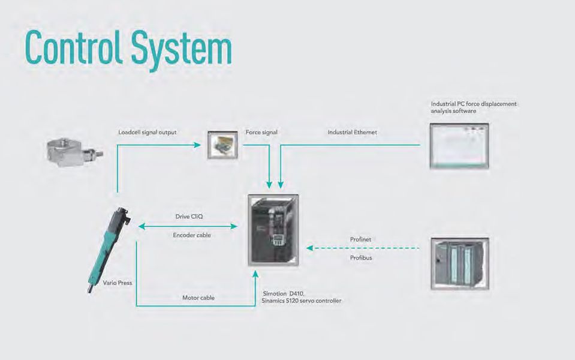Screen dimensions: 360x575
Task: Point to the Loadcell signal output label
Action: (x=147, y=132)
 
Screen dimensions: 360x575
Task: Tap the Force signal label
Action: (x=261, y=132)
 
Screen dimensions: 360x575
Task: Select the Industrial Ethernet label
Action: (x=352, y=132)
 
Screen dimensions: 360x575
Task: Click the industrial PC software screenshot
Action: (x=459, y=146)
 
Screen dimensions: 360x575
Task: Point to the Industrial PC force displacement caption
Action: (x=474, y=107)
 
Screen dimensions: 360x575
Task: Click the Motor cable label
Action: (x=198, y=297)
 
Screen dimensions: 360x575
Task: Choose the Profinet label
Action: (x=360, y=239)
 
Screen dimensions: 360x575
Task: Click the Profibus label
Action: (x=360, y=258)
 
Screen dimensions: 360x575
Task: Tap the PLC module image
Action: (x=460, y=263)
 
